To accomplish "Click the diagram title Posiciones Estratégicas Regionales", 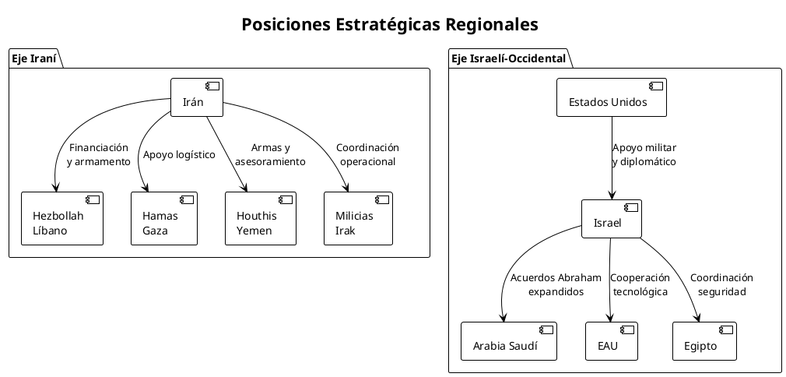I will point(390,24).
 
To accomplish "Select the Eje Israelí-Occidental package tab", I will point(507,58).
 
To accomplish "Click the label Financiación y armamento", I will point(98,155).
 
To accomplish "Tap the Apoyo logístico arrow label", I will point(179,154).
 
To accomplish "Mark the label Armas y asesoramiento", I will point(270,155).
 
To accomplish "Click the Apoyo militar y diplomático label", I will point(644,155).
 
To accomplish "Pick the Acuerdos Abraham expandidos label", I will point(556,284).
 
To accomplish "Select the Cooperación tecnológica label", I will point(640,284).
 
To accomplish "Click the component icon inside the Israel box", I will point(631,208).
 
